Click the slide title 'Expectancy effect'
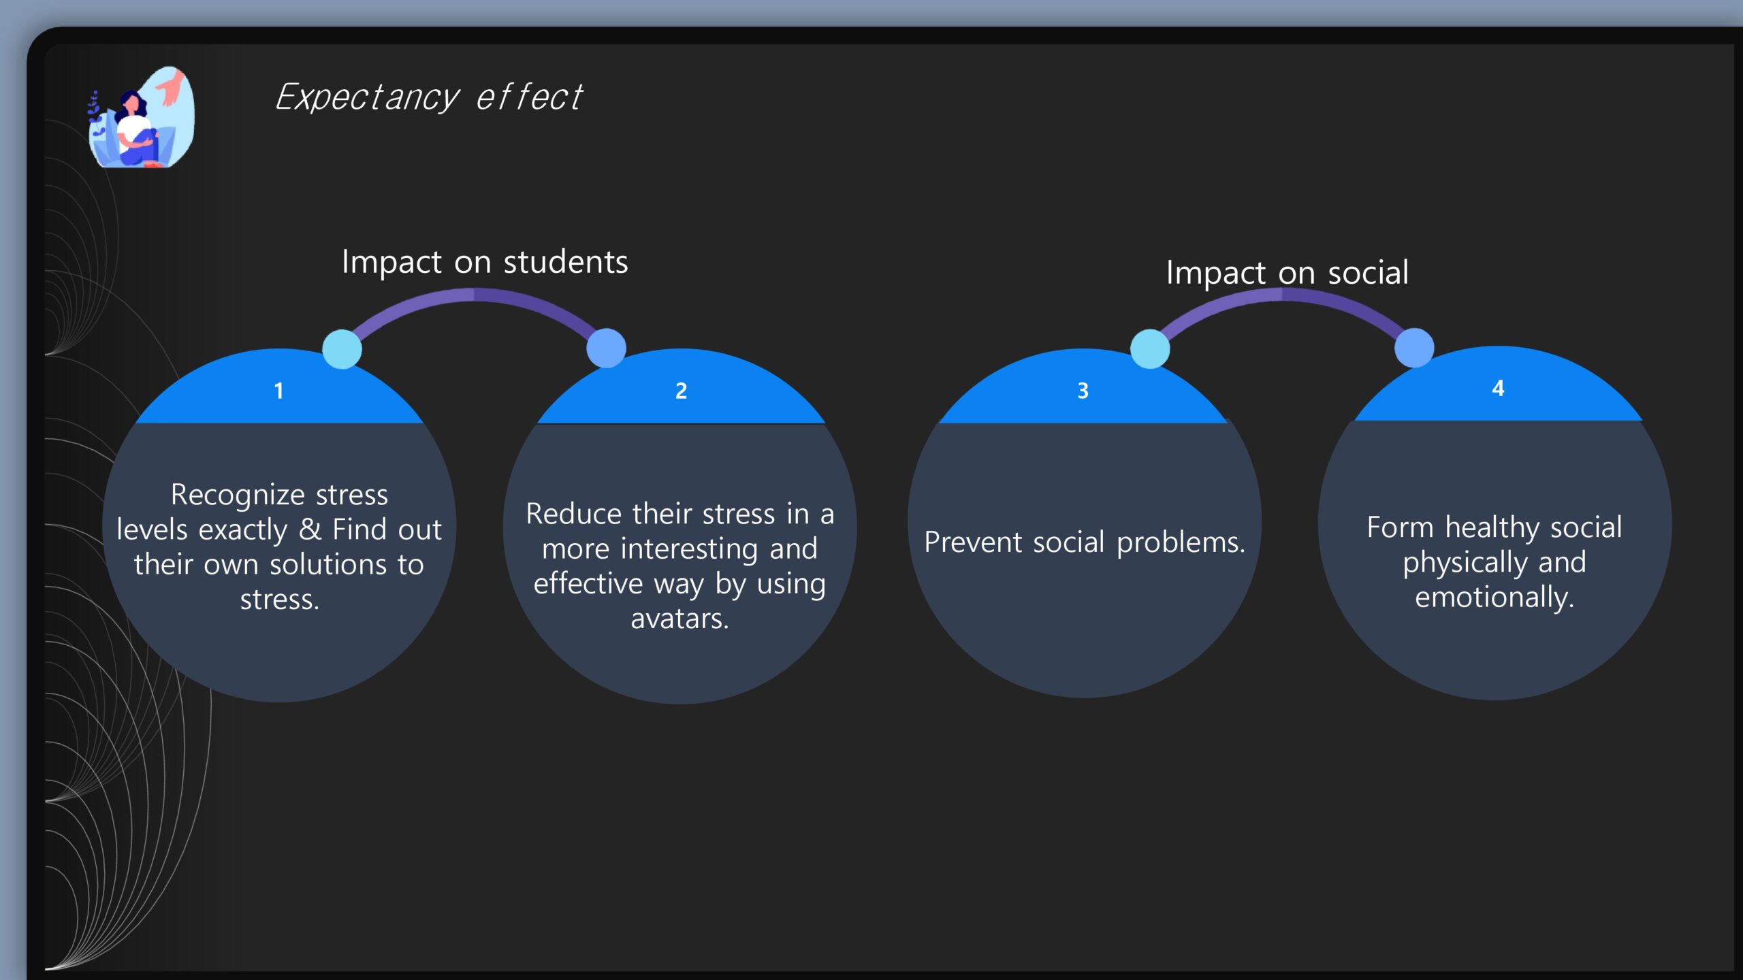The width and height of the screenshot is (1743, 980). click(429, 97)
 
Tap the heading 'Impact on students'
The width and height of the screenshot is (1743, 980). click(485, 263)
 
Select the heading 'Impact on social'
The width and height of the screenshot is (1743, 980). click(1287, 273)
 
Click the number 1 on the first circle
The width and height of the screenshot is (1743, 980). click(278, 391)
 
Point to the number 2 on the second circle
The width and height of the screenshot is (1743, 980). click(681, 391)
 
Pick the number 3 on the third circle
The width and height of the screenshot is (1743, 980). click(1083, 391)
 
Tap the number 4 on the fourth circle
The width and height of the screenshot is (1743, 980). click(1498, 388)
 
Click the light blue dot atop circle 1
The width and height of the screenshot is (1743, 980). click(342, 349)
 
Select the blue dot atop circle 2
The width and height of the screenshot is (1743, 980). click(606, 348)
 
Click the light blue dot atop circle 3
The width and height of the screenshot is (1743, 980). click(1150, 348)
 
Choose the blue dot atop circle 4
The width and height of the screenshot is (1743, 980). click(1414, 347)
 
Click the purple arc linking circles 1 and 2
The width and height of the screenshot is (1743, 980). click(474, 294)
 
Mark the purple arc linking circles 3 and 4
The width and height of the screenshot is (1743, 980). click(1282, 294)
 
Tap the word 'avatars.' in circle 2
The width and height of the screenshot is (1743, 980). click(679, 619)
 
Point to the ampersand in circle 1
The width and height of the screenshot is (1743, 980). click(310, 529)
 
